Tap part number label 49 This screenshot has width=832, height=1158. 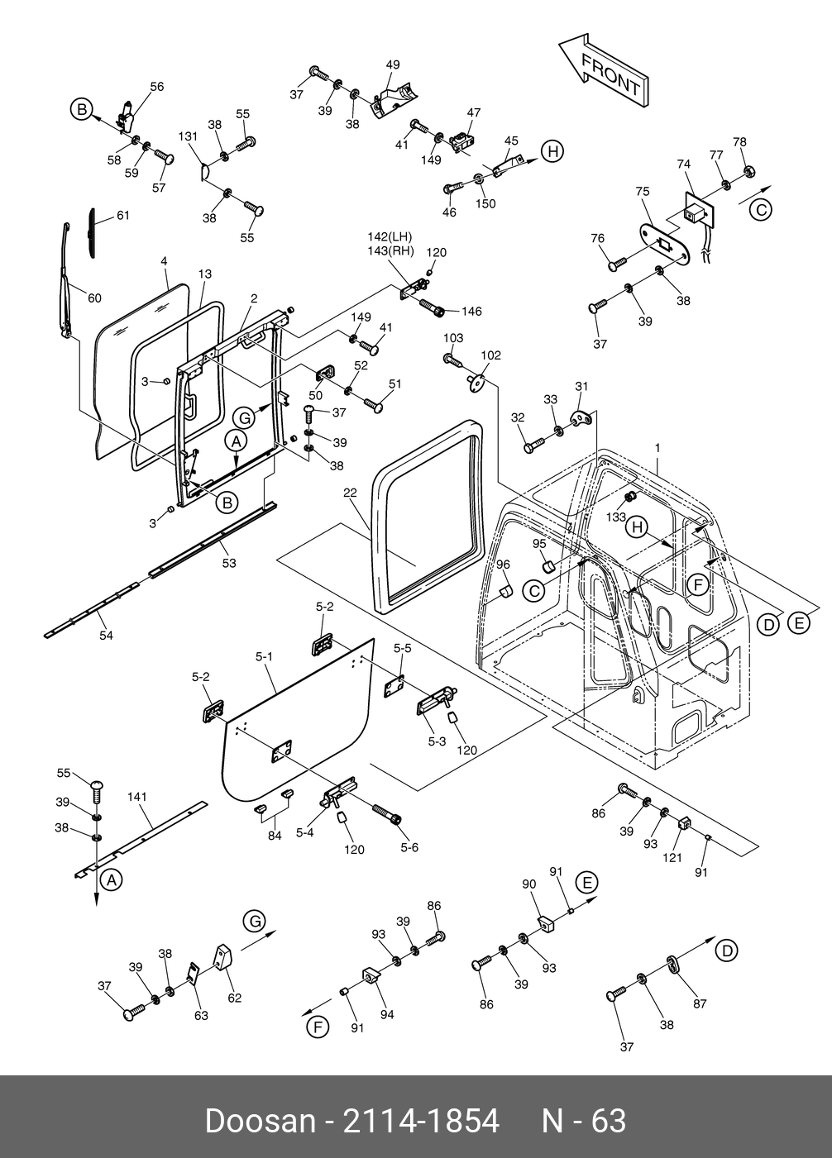(x=393, y=64)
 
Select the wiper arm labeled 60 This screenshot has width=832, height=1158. (x=67, y=279)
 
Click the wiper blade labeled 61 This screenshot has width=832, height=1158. (x=92, y=233)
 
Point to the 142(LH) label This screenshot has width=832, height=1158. (x=390, y=236)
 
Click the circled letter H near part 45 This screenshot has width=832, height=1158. (x=552, y=151)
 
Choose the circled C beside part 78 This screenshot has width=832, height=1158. (x=761, y=210)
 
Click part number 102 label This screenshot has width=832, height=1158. (x=491, y=355)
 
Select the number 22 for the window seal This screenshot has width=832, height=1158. (x=351, y=493)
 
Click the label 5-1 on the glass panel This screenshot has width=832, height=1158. (x=264, y=656)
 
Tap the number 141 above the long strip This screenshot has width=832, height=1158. (x=137, y=797)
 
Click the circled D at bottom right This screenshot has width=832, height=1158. (x=727, y=951)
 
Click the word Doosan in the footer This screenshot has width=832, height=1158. (x=261, y=1121)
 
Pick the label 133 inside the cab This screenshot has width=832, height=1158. (x=615, y=517)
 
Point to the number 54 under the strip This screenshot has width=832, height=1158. (x=106, y=635)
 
